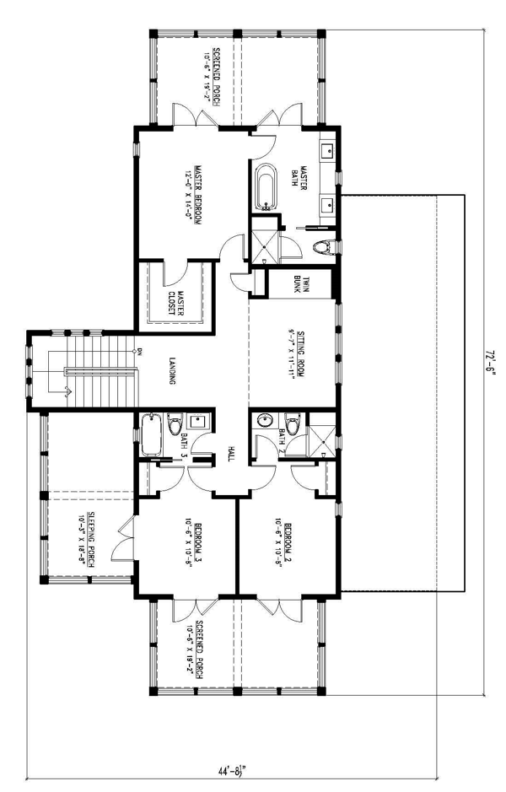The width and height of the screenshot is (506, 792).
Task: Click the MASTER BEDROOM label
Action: [196, 195]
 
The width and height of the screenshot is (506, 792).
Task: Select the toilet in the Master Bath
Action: [321, 246]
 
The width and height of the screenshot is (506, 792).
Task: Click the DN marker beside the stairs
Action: [139, 351]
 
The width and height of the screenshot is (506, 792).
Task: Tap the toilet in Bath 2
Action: [293, 424]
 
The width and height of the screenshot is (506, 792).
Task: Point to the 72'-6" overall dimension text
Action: [489, 363]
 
